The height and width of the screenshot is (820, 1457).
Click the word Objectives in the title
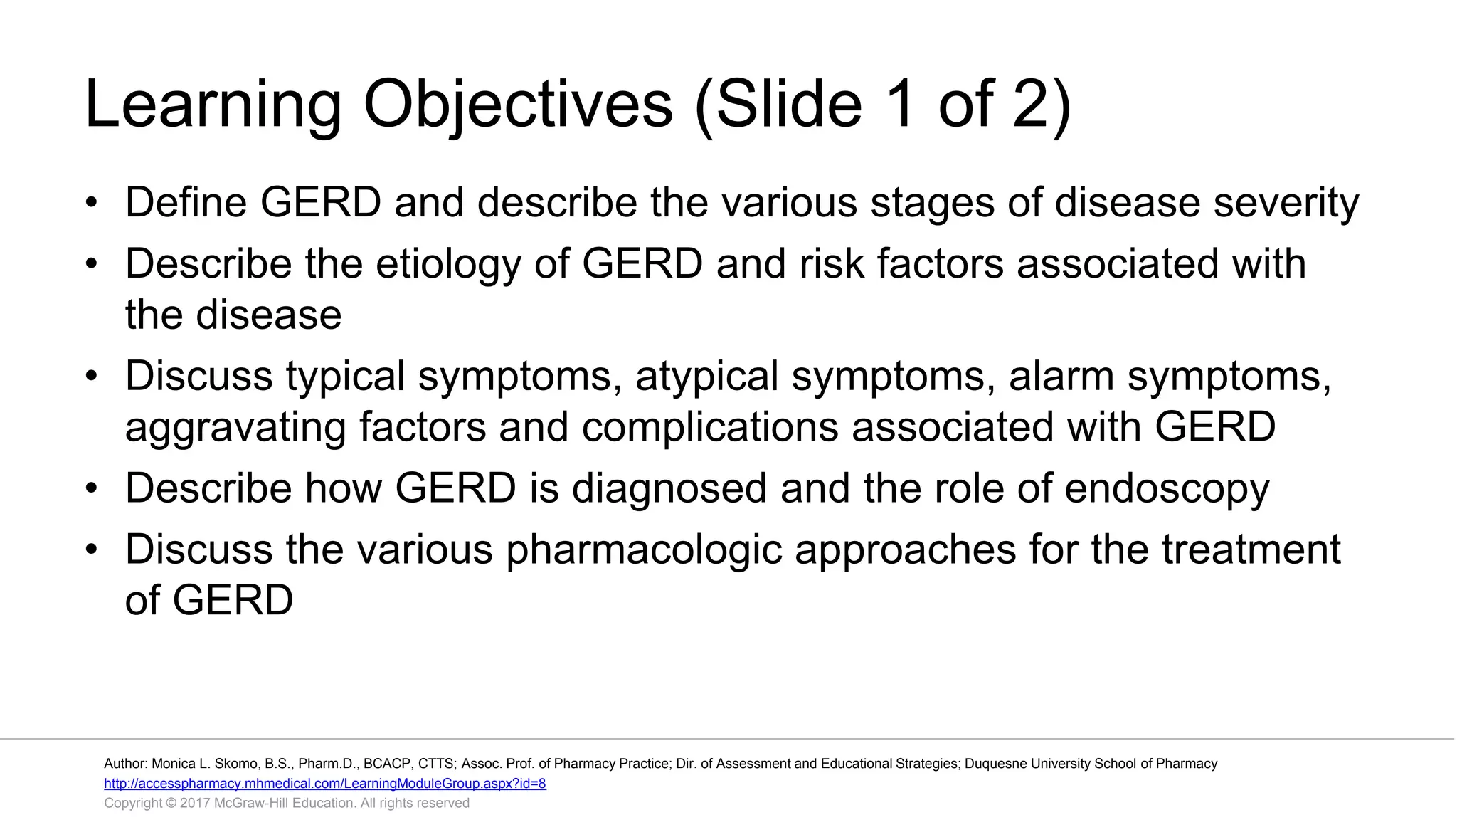click(x=517, y=105)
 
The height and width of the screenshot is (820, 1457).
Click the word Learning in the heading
click(x=213, y=105)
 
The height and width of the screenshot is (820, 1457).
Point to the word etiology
click(x=448, y=265)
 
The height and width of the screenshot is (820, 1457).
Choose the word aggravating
click(x=235, y=428)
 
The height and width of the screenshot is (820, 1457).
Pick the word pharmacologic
click(x=643, y=550)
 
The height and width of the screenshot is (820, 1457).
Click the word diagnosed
click(x=669, y=489)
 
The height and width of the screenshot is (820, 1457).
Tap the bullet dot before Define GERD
click(x=90, y=203)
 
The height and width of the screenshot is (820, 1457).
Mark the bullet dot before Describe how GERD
click(x=90, y=489)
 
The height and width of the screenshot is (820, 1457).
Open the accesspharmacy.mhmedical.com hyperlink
click(x=324, y=784)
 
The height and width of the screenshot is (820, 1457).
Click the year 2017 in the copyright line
click(x=195, y=803)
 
